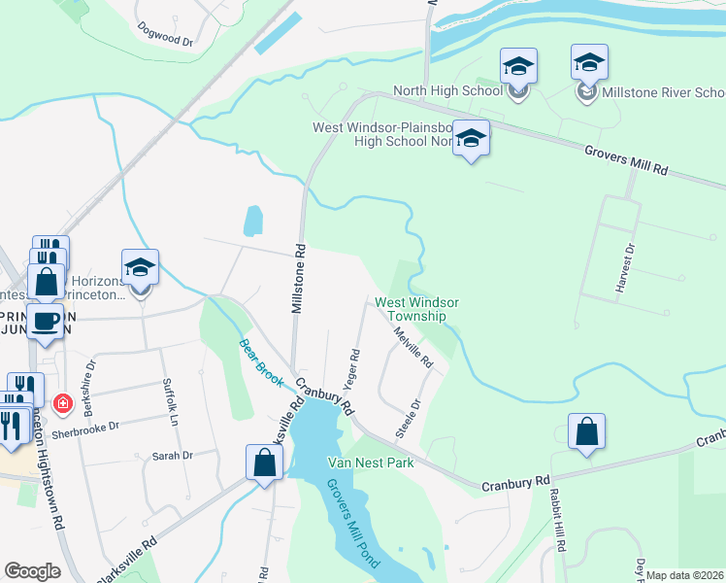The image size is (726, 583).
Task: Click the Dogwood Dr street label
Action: (166, 35)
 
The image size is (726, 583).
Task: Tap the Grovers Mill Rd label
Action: (627, 160)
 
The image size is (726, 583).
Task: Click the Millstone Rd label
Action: (299, 278)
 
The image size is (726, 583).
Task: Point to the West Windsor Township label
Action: (416, 309)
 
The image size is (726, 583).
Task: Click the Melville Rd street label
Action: (413, 347)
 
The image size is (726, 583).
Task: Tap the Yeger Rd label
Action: (354, 368)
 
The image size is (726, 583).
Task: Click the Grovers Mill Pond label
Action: (353, 524)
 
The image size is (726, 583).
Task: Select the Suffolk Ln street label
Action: (171, 401)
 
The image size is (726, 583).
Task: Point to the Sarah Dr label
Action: (173, 455)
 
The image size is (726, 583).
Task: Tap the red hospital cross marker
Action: (63, 402)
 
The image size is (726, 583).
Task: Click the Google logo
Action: (33, 571)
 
